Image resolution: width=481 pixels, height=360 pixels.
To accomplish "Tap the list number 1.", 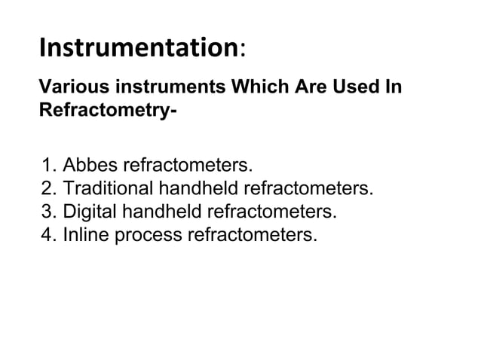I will [x=49, y=164].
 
